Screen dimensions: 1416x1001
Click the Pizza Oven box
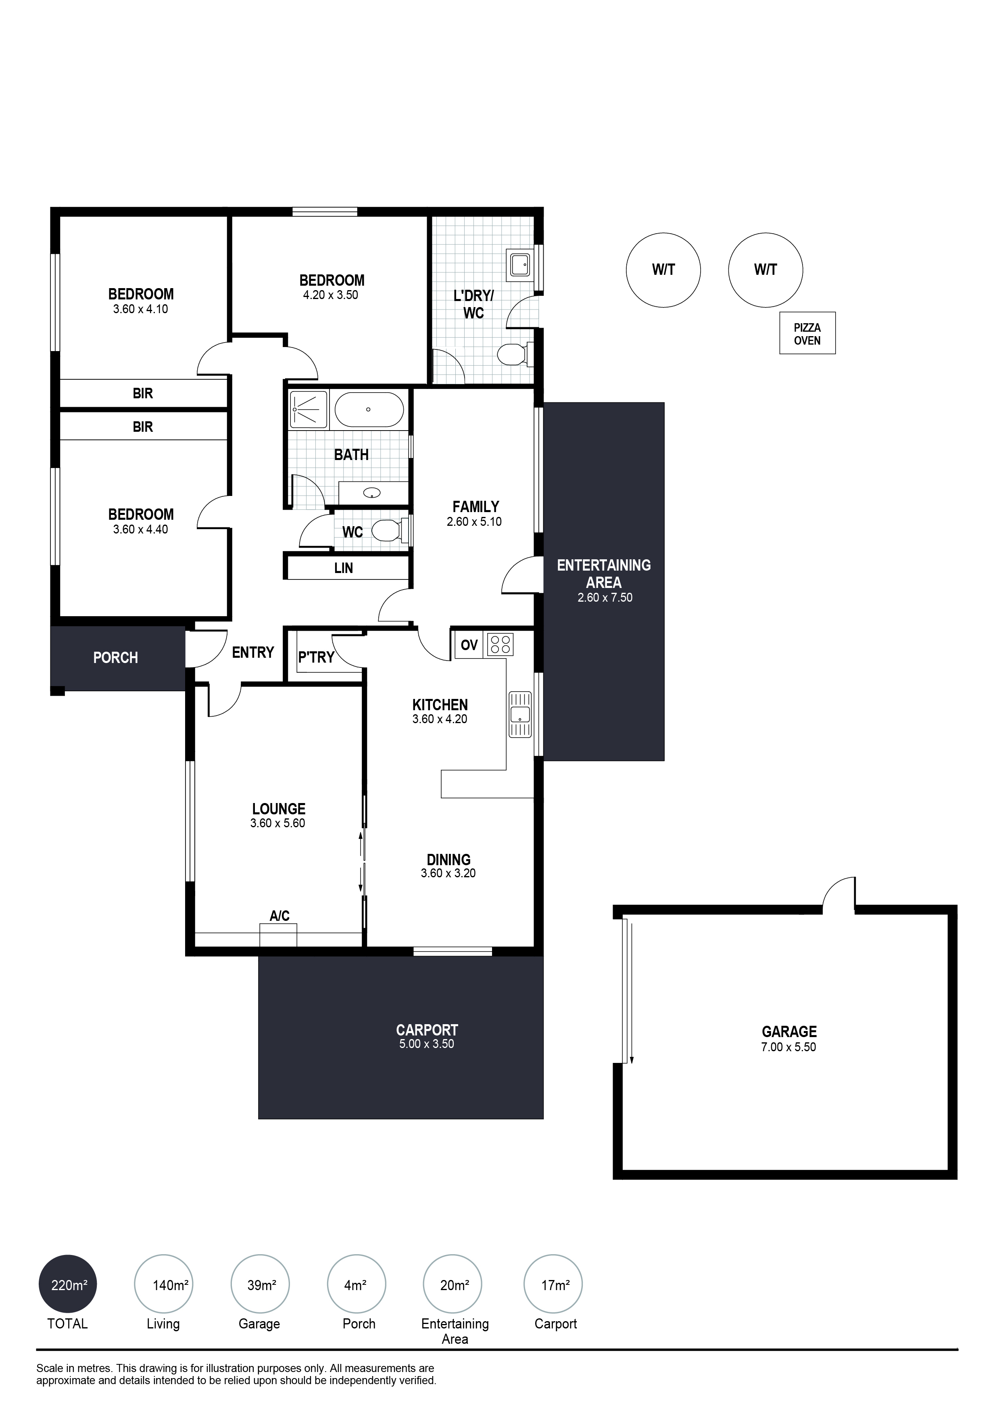(807, 333)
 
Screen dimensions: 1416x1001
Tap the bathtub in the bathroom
(369, 410)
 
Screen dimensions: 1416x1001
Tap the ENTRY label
(253, 653)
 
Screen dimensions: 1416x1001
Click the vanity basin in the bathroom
(372, 493)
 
